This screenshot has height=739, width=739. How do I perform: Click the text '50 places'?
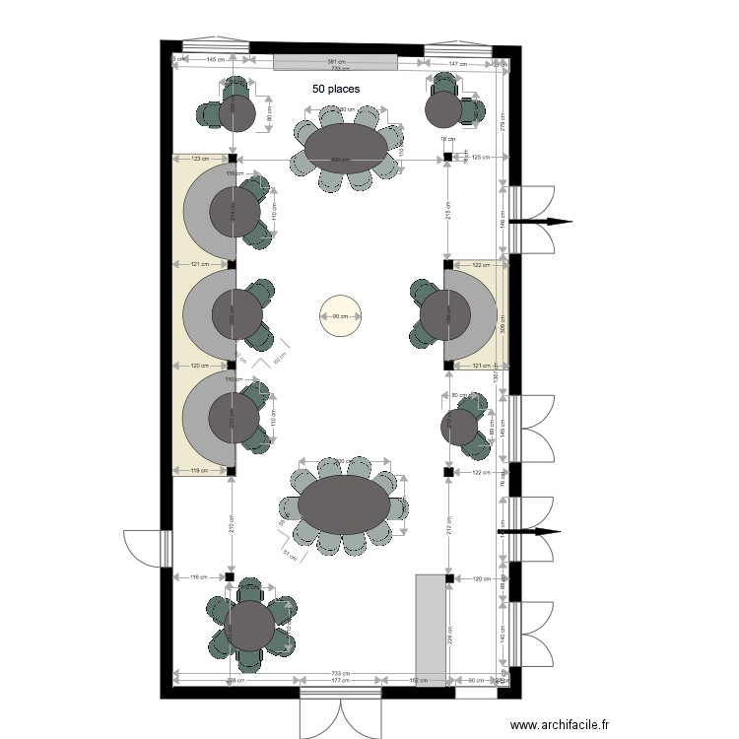click(x=336, y=89)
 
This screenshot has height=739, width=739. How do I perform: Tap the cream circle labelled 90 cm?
click(x=341, y=316)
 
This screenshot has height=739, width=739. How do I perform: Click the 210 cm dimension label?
click(x=230, y=528)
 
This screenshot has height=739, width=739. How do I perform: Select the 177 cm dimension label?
click(x=341, y=681)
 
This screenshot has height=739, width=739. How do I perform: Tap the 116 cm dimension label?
click(x=197, y=576)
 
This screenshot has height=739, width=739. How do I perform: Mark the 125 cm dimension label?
click(x=480, y=158)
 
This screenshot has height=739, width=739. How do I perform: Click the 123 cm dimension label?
click(x=200, y=158)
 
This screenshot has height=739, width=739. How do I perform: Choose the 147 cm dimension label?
click(x=457, y=63)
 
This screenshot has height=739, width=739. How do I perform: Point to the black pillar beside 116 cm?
click(x=229, y=576)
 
